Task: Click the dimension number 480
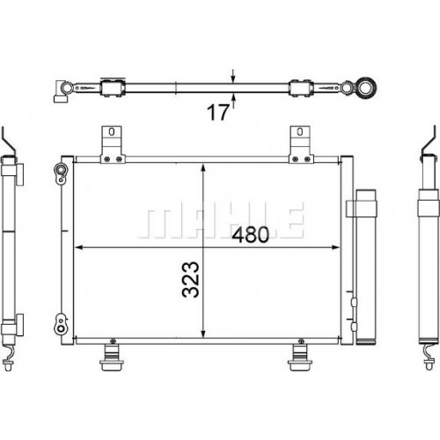[250, 235]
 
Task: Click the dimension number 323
[191, 280]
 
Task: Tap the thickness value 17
[217, 113]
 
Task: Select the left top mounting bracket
[113, 144]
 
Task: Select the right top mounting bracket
[301, 144]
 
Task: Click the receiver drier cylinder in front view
[365, 268]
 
